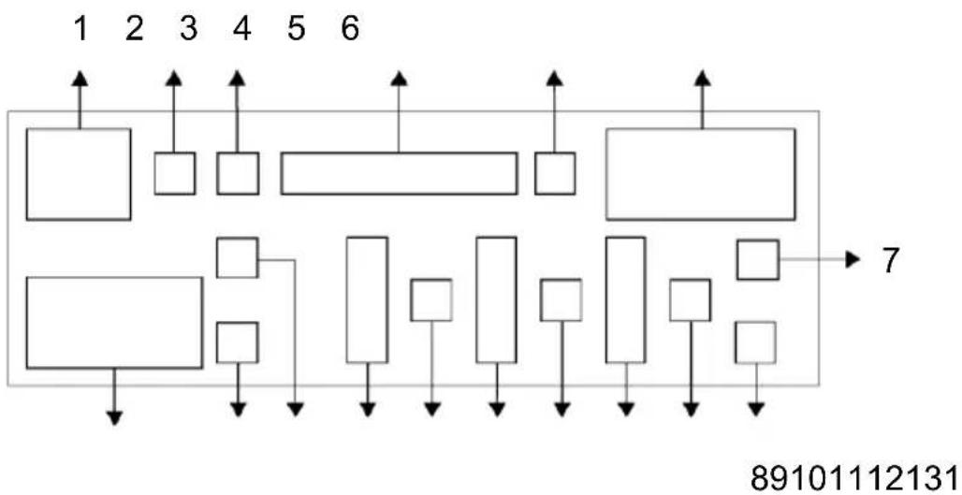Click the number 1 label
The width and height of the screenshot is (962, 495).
click(80, 29)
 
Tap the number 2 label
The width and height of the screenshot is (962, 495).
click(135, 29)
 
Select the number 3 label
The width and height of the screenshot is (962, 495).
click(188, 29)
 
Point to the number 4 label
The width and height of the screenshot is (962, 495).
click(242, 29)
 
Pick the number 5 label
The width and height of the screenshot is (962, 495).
click(297, 29)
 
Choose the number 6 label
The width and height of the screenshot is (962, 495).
click(350, 29)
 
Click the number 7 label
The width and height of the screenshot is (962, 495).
click(891, 261)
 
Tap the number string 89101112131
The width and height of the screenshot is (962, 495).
click(856, 476)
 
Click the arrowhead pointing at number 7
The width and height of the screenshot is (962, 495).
click(853, 259)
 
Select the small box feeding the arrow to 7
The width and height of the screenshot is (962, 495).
click(758, 259)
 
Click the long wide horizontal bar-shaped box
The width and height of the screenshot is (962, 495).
click(400, 173)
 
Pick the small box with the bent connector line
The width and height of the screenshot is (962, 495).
click(238, 257)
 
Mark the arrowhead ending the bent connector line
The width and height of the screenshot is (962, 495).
click(296, 409)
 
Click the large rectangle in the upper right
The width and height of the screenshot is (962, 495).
click(701, 174)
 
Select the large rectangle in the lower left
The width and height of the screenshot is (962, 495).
click(114, 323)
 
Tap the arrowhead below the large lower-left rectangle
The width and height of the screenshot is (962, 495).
click(114, 417)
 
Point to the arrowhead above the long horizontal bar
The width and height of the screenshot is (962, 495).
click(400, 78)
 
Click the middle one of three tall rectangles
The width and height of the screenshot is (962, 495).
click(496, 300)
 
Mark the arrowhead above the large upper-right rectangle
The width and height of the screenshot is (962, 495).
click(703, 78)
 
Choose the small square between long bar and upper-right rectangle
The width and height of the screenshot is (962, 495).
click(555, 173)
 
